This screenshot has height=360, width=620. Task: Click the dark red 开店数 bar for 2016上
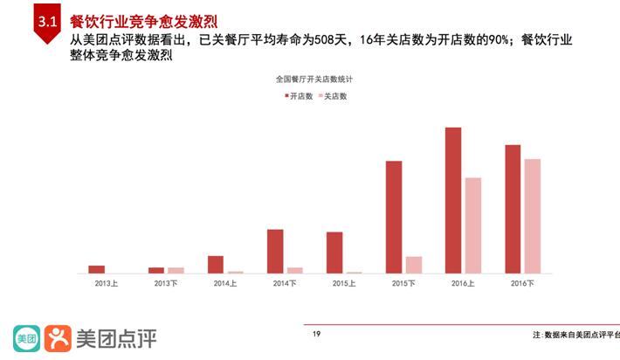[x=453, y=200]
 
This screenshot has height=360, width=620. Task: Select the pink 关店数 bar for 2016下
[x=532, y=216]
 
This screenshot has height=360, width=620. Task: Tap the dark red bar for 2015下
[x=394, y=217]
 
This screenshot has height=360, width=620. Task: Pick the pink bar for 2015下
[x=414, y=264]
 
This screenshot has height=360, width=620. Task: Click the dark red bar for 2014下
[x=275, y=251]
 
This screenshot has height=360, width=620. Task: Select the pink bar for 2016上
[x=473, y=225]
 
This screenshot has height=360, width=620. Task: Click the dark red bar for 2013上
[x=96, y=269]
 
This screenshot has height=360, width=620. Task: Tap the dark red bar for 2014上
[x=216, y=264]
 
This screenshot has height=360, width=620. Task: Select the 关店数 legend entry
[x=332, y=96]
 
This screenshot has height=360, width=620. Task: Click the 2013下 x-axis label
[x=166, y=283]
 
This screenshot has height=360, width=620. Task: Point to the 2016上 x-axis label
[x=463, y=283]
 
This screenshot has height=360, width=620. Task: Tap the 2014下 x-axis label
[x=285, y=283]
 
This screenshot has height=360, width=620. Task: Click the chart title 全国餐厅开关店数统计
[x=313, y=79]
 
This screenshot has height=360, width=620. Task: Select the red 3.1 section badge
[x=45, y=24]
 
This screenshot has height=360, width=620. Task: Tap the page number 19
[x=316, y=334]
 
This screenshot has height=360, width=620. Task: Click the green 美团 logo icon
[x=26, y=337]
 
